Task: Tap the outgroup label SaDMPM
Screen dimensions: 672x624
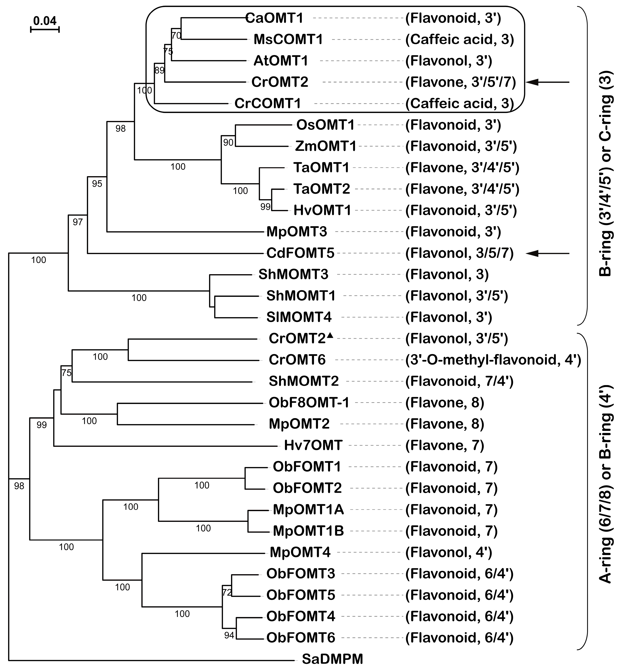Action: [332, 659]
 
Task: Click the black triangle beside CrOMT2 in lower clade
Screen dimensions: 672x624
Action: [330, 335]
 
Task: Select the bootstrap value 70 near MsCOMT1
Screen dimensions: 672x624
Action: [176, 36]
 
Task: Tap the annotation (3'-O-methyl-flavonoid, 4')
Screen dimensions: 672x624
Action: [493, 360]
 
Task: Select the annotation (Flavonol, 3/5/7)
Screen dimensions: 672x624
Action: [459, 253]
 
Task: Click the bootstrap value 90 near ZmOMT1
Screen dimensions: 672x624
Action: [228, 142]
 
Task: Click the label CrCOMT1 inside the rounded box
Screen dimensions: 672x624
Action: [267, 103]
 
